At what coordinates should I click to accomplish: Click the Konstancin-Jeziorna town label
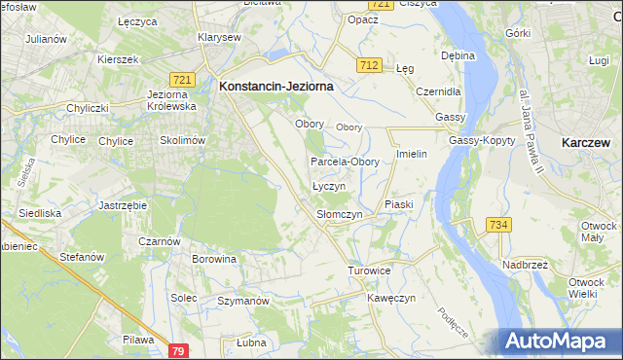point(276,87)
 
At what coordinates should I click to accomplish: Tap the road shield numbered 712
point(368,64)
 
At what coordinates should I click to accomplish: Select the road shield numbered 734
point(499,225)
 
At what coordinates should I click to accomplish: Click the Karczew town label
point(586,142)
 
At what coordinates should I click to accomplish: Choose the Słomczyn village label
point(340,214)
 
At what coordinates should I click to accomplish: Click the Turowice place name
point(369,270)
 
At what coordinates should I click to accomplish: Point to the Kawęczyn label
point(391,298)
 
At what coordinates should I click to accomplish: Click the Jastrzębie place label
point(123,206)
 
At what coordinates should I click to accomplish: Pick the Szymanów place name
point(242,302)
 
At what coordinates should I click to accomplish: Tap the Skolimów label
point(182,140)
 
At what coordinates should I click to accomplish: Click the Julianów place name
point(46,39)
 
